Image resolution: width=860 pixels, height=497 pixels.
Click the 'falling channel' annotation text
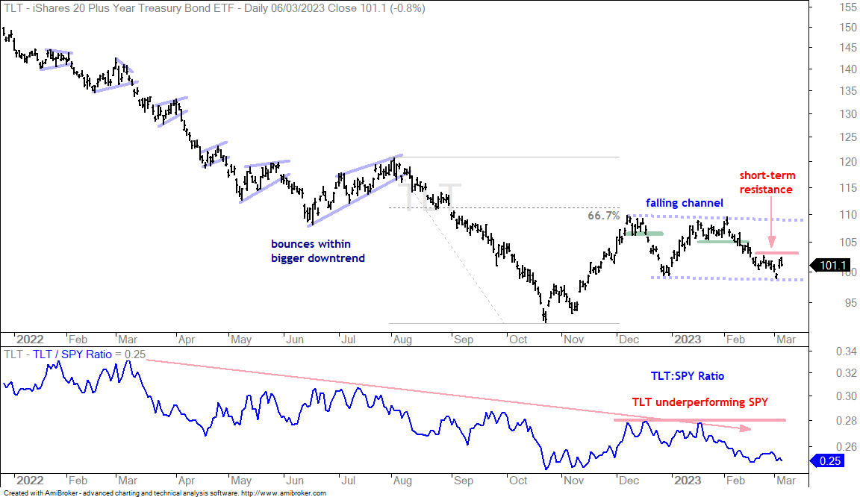click(685, 203)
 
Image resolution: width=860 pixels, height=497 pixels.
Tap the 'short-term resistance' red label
click(767, 183)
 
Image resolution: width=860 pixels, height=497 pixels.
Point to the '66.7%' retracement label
click(604, 216)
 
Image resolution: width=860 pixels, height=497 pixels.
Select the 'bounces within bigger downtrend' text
click(317, 251)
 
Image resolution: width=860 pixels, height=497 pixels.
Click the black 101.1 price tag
click(832, 266)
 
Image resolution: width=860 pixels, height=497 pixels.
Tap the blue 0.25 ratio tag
click(829, 460)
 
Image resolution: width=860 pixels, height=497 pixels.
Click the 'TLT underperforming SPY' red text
click(699, 402)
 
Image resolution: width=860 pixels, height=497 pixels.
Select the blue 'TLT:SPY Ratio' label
click(688, 376)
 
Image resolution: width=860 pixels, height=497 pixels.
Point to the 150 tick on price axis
click(847, 28)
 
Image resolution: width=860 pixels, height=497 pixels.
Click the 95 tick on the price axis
click(850, 303)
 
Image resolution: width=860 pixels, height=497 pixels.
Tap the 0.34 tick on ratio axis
click(847, 351)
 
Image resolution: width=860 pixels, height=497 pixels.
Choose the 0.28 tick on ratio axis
click(847, 421)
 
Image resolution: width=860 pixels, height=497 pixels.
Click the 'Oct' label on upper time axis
click(518, 340)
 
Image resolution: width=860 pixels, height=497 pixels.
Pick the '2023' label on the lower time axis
click(688, 481)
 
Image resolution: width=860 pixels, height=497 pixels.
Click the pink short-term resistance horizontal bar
click(776, 253)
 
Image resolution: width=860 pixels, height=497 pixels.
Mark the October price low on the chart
click(545, 321)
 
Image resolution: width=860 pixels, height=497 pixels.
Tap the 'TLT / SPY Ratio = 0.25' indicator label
click(90, 354)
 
